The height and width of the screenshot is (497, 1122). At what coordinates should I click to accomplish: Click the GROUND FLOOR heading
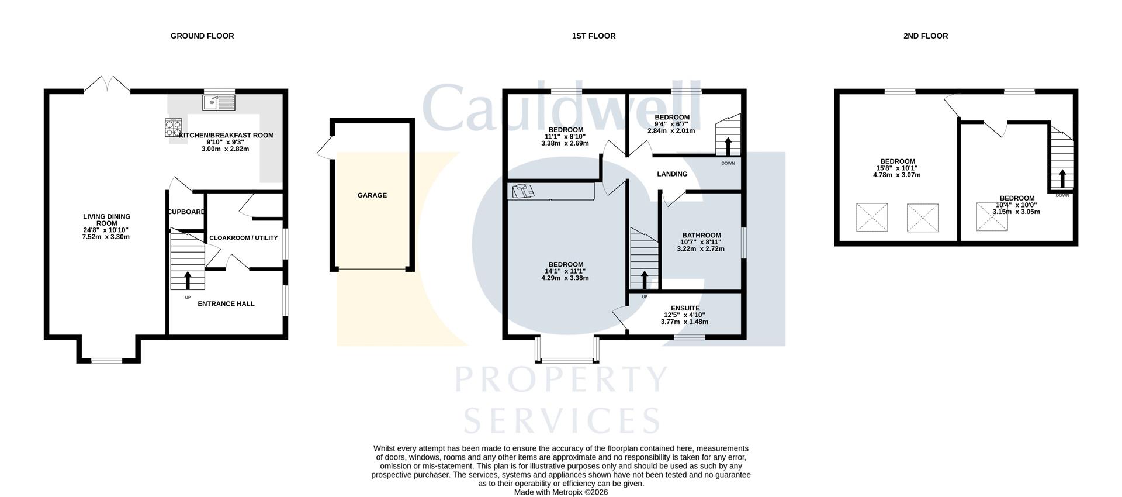[x=202, y=36]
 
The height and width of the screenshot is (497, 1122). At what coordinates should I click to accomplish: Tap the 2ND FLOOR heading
[x=925, y=36]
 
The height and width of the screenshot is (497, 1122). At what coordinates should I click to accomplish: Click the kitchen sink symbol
[x=219, y=103]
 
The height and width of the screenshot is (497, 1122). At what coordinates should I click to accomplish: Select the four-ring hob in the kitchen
[x=174, y=127]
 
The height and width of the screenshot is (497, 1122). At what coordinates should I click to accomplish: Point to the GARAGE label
[x=372, y=195]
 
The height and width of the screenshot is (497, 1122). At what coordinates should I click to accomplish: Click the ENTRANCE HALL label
[x=226, y=304]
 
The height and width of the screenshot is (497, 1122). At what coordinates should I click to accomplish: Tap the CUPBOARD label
[x=186, y=212]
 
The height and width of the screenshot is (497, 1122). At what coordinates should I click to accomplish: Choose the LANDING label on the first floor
[x=672, y=174]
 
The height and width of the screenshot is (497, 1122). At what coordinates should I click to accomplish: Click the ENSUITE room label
[x=685, y=308]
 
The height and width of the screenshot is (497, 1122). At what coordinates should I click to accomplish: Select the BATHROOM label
[x=701, y=236]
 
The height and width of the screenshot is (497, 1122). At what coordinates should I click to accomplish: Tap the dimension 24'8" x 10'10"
[x=106, y=230]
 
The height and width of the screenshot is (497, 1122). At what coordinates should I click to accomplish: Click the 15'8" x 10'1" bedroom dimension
[x=898, y=168]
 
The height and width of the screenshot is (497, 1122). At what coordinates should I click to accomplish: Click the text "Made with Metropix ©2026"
[x=561, y=492]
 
